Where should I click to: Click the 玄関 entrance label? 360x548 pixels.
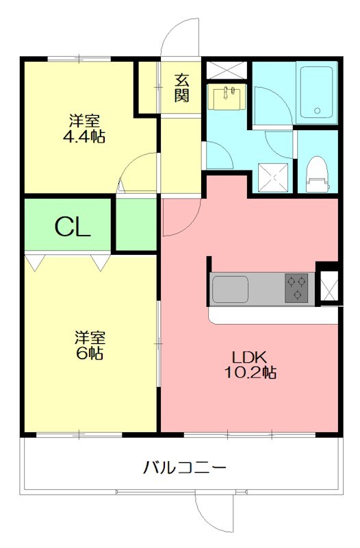click(181, 87)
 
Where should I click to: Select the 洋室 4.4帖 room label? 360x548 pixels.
click(86, 129)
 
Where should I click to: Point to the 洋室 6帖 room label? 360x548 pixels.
click(89, 345)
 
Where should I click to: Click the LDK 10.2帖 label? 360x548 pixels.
click(253, 364)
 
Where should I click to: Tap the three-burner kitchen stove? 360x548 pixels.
click(297, 288)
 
